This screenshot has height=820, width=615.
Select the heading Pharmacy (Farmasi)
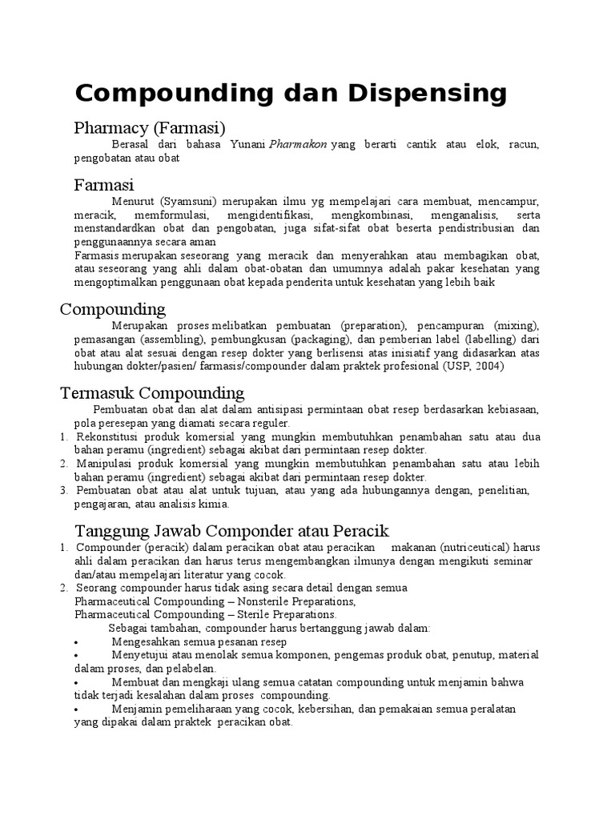[150, 127]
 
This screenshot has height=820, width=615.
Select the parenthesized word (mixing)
[517, 326]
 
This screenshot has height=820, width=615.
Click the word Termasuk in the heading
[97, 393]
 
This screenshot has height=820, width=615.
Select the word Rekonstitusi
[111, 437]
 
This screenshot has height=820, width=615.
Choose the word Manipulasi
[109, 464]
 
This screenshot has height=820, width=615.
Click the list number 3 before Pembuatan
[63, 490]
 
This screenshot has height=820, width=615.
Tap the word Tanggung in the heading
[107, 531]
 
